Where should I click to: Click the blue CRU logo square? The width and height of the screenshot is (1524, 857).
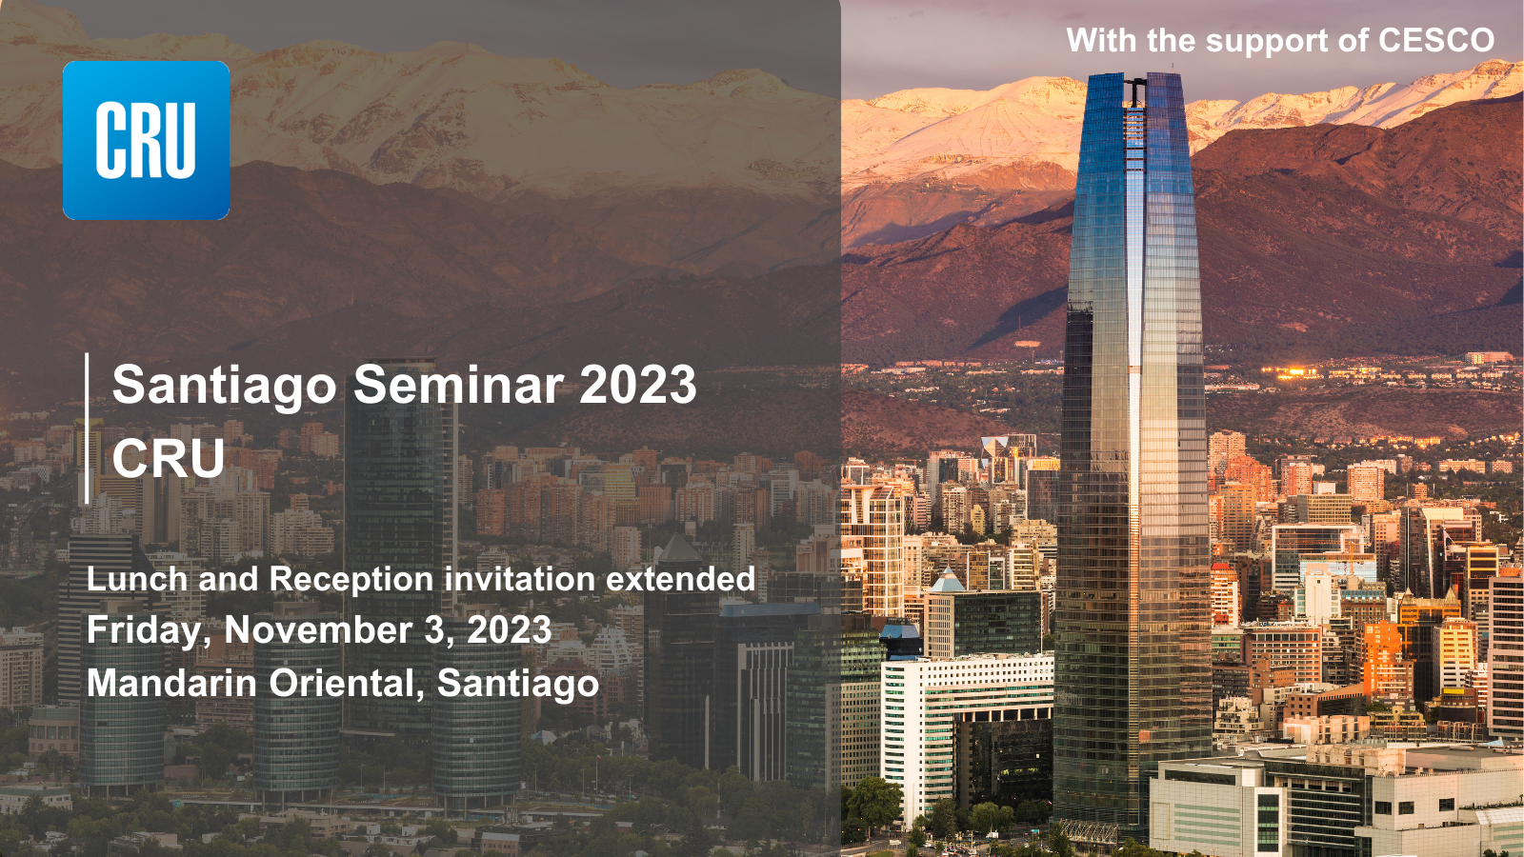147,140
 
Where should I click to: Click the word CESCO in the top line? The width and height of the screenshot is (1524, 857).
1436,40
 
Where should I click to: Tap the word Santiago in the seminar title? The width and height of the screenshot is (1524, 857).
225,385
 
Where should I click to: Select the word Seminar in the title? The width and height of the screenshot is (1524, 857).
458,385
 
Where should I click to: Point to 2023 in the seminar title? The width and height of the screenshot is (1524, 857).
637,385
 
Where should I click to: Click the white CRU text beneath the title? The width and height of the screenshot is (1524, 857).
168,458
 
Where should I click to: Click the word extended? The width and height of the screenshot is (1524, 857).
680,579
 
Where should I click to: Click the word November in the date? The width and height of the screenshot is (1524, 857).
318,629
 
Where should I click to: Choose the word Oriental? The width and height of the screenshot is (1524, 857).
347,683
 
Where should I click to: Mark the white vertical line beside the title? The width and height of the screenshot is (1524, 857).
87,428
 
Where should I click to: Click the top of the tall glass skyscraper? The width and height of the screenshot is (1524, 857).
1134,76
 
